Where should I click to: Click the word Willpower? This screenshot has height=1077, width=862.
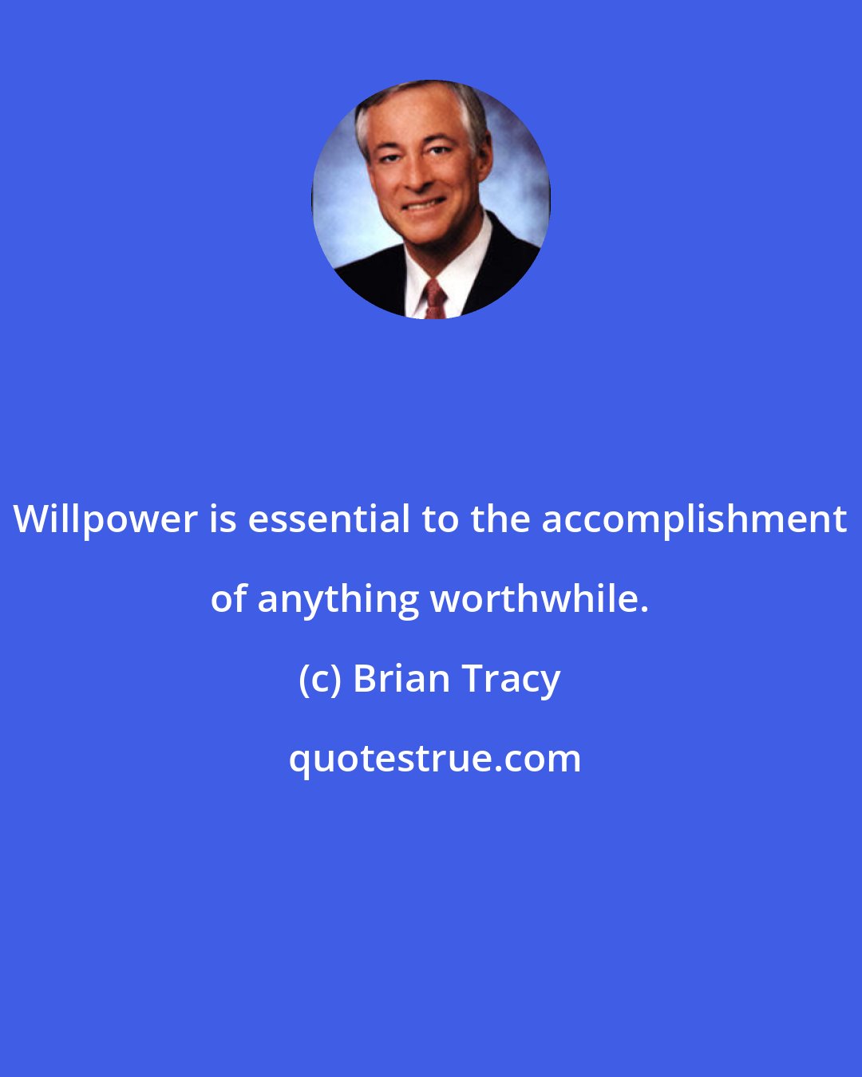105,520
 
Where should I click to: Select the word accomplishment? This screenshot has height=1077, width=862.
694,519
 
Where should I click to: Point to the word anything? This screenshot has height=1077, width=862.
338,600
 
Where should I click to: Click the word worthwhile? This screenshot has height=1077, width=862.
534,598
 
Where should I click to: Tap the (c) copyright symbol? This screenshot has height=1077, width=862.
319,680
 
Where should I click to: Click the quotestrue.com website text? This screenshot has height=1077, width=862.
434,759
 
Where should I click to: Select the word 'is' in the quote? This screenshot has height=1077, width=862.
223,519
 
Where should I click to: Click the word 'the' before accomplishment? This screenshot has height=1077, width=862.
500,519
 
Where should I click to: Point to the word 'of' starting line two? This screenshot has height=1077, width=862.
228,599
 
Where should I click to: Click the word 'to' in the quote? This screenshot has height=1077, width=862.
440,519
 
